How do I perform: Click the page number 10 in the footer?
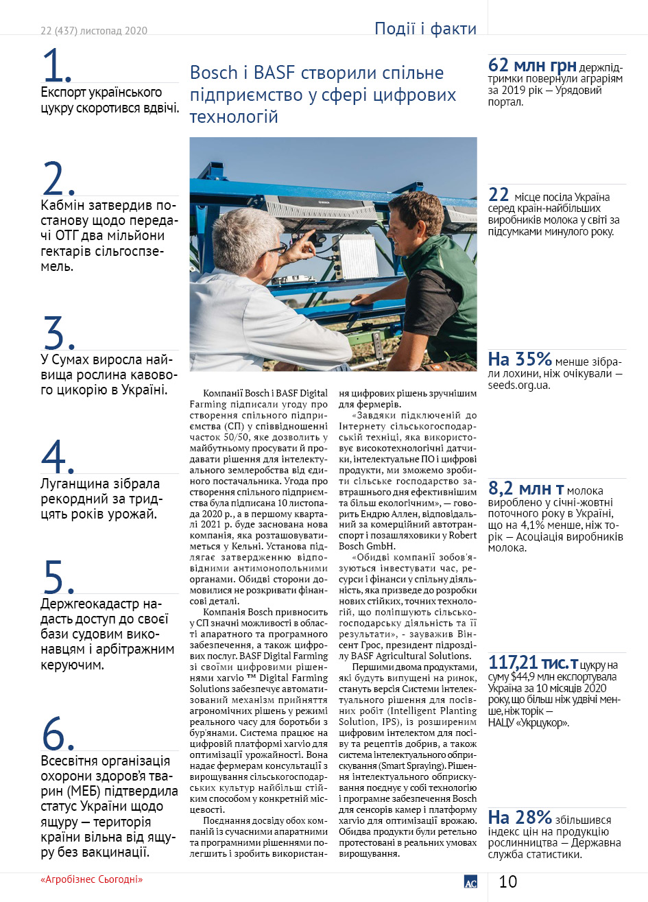pos(507,881)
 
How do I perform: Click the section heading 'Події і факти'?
pos(425,29)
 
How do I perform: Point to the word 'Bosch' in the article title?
pos(213,73)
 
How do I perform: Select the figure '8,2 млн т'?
pos(526,488)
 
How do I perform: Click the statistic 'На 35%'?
pos(520,359)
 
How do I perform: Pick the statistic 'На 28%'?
pos(520,817)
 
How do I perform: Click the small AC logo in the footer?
pos(470,883)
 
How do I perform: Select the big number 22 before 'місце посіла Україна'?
pos(499,195)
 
